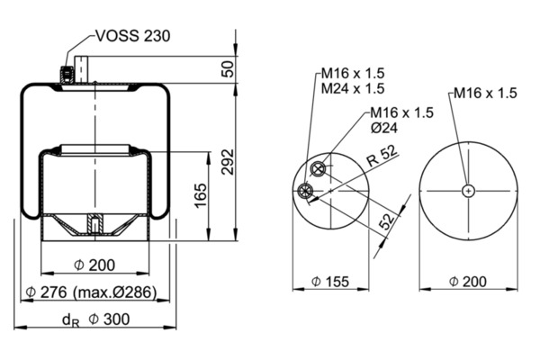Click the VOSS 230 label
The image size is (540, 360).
tap(133, 37)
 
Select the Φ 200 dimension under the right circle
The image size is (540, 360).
tap(468, 282)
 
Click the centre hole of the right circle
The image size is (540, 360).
tap(469, 189)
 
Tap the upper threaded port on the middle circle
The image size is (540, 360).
tap(317, 170)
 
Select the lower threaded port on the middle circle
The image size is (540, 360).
tap(307, 190)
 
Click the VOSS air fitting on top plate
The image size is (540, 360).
tap(65, 72)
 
